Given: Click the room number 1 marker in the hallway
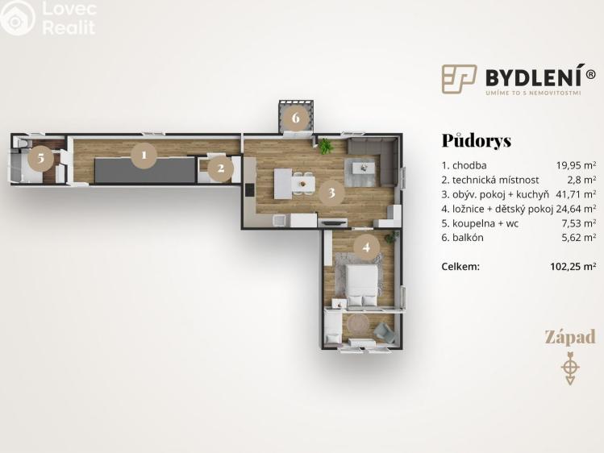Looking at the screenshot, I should [x=144, y=155].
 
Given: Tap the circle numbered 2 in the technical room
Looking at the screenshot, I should [x=221, y=168].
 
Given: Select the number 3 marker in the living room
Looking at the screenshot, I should [x=329, y=193].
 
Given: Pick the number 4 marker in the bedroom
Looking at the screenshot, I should [x=367, y=247].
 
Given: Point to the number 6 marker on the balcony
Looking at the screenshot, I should [x=296, y=118].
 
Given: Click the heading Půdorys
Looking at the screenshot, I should [x=476, y=140].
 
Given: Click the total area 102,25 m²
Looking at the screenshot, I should [x=572, y=266].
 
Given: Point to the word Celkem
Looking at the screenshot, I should [x=460, y=266].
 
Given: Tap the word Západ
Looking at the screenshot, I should [x=569, y=337].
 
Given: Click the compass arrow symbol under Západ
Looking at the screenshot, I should [x=570, y=367].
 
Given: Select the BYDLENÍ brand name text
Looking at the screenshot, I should [x=539, y=77].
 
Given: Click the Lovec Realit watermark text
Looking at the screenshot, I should [x=68, y=19].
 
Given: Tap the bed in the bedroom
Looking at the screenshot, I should [x=360, y=285].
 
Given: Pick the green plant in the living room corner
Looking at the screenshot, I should [x=326, y=146].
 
